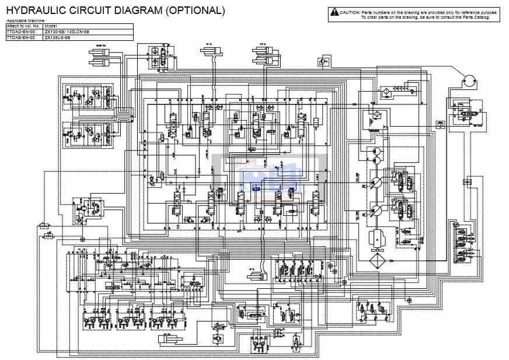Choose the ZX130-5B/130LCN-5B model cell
[x=67, y=32]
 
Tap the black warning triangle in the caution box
[x=334, y=12]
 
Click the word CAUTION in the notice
[x=350, y=12]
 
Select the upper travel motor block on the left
[x=91, y=97]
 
